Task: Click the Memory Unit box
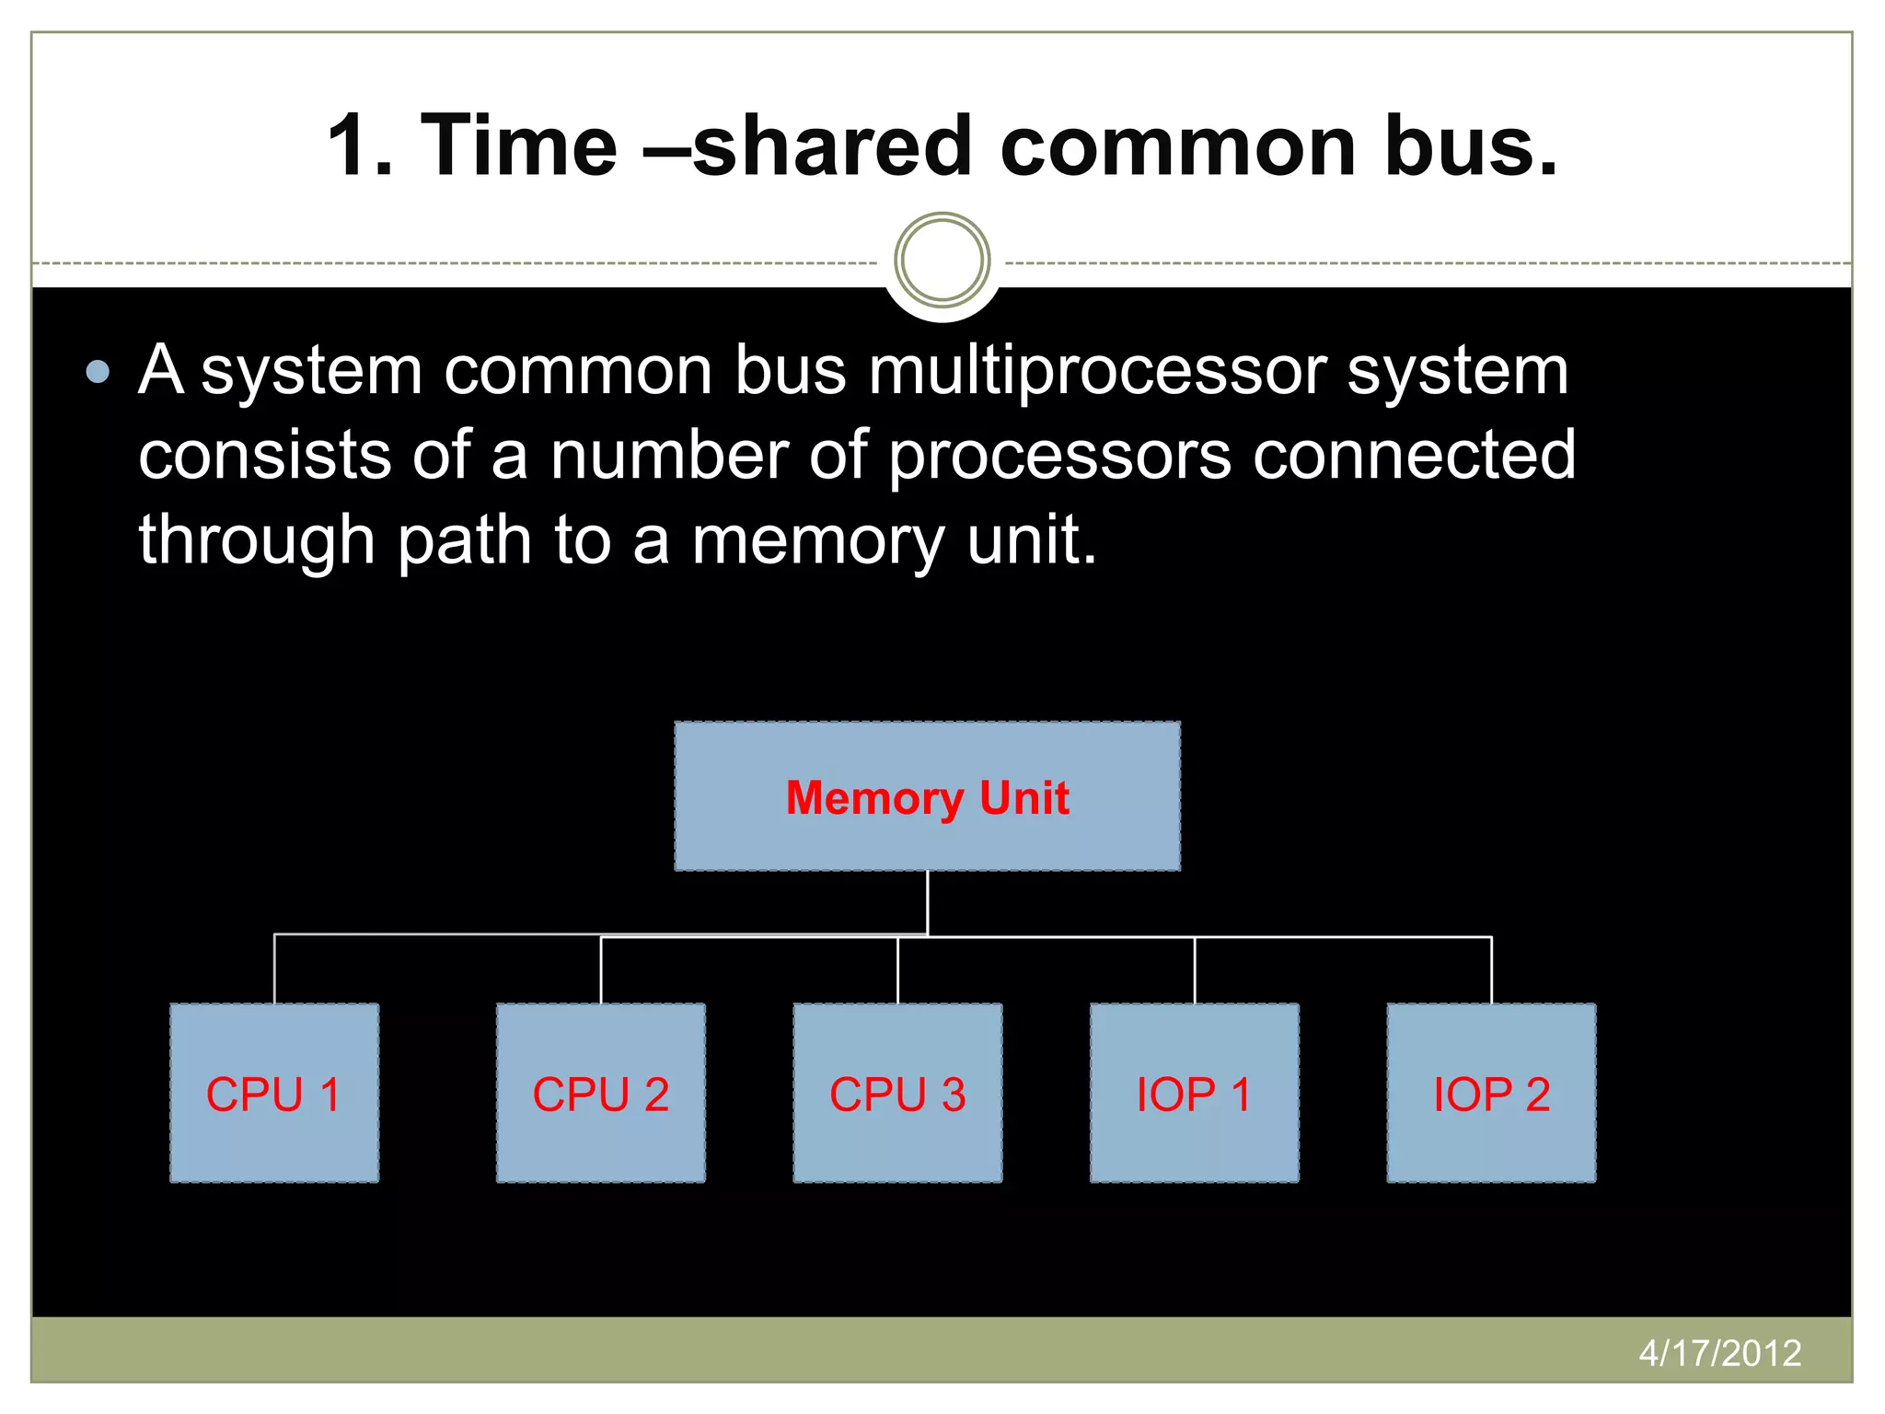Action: pyautogui.click(x=927, y=796)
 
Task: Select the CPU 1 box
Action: pyautogui.click(x=274, y=1093)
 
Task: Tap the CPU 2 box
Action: pyautogui.click(x=600, y=1093)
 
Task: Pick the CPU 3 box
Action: pyautogui.click(x=897, y=1093)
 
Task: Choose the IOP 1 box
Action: pyautogui.click(x=1194, y=1093)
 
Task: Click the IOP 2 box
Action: pyautogui.click(x=1491, y=1093)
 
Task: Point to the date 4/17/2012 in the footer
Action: pyautogui.click(x=1719, y=1352)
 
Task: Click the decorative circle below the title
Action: pyautogui.click(x=942, y=261)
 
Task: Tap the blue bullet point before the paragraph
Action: pyautogui.click(x=98, y=372)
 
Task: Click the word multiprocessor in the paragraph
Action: pyautogui.click(x=1096, y=372)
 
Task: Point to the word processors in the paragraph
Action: pyautogui.click(x=1058, y=456)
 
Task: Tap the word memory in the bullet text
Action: pyautogui.click(x=817, y=540)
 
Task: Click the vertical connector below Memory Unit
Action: pyautogui.click(x=928, y=902)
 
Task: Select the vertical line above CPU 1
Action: pyautogui.click(x=274, y=968)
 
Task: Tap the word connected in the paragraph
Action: pyautogui.click(x=1415, y=456)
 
